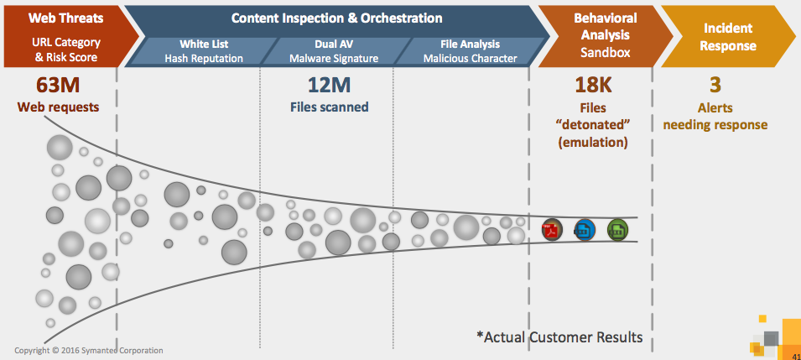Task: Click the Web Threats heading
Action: pyautogui.click(x=65, y=18)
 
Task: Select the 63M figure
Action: pyautogui.click(x=58, y=85)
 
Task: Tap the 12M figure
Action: pyautogui.click(x=329, y=85)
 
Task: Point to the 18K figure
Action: pyautogui.click(x=593, y=85)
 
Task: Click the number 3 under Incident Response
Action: pyautogui.click(x=715, y=85)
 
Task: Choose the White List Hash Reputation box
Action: pyautogui.click(x=203, y=52)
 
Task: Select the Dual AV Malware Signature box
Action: pyautogui.click(x=334, y=52)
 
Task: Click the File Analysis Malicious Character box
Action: pyautogui.click(x=470, y=52)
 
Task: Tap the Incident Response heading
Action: pyautogui.click(x=728, y=36)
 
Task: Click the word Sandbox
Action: pyautogui.click(x=606, y=53)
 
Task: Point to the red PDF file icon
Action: pyautogui.click(x=552, y=230)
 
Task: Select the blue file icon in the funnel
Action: pyautogui.click(x=585, y=230)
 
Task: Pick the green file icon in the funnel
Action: pyautogui.click(x=617, y=230)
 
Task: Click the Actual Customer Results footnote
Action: pyautogui.click(x=559, y=337)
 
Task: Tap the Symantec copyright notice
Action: pyautogui.click(x=89, y=351)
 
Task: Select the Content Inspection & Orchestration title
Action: pyautogui.click(x=336, y=18)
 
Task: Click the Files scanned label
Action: pyautogui.click(x=330, y=107)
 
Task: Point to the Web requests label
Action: pyautogui.click(x=58, y=107)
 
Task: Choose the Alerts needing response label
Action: pyautogui.click(x=715, y=116)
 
